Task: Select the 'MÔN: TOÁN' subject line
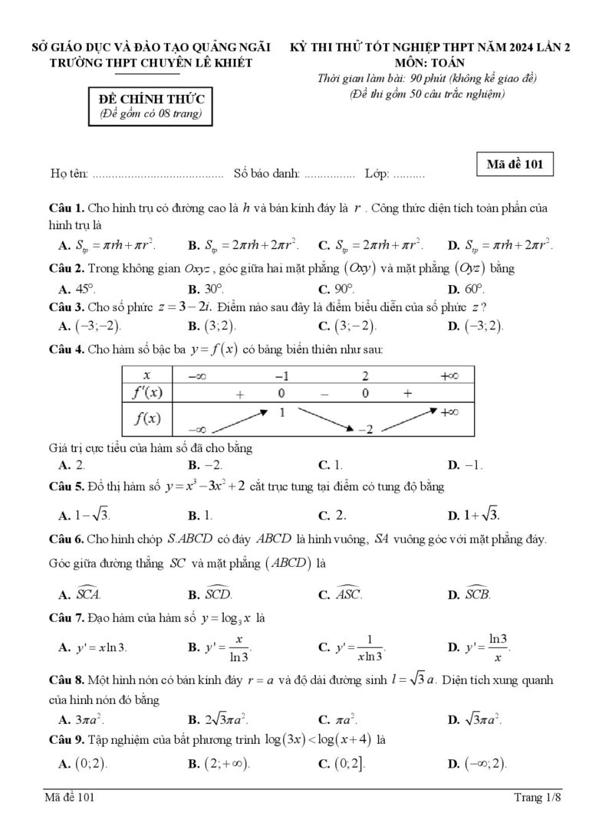tap(429, 63)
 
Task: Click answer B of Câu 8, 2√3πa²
tap(223, 719)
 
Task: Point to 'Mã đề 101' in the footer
tap(70, 799)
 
